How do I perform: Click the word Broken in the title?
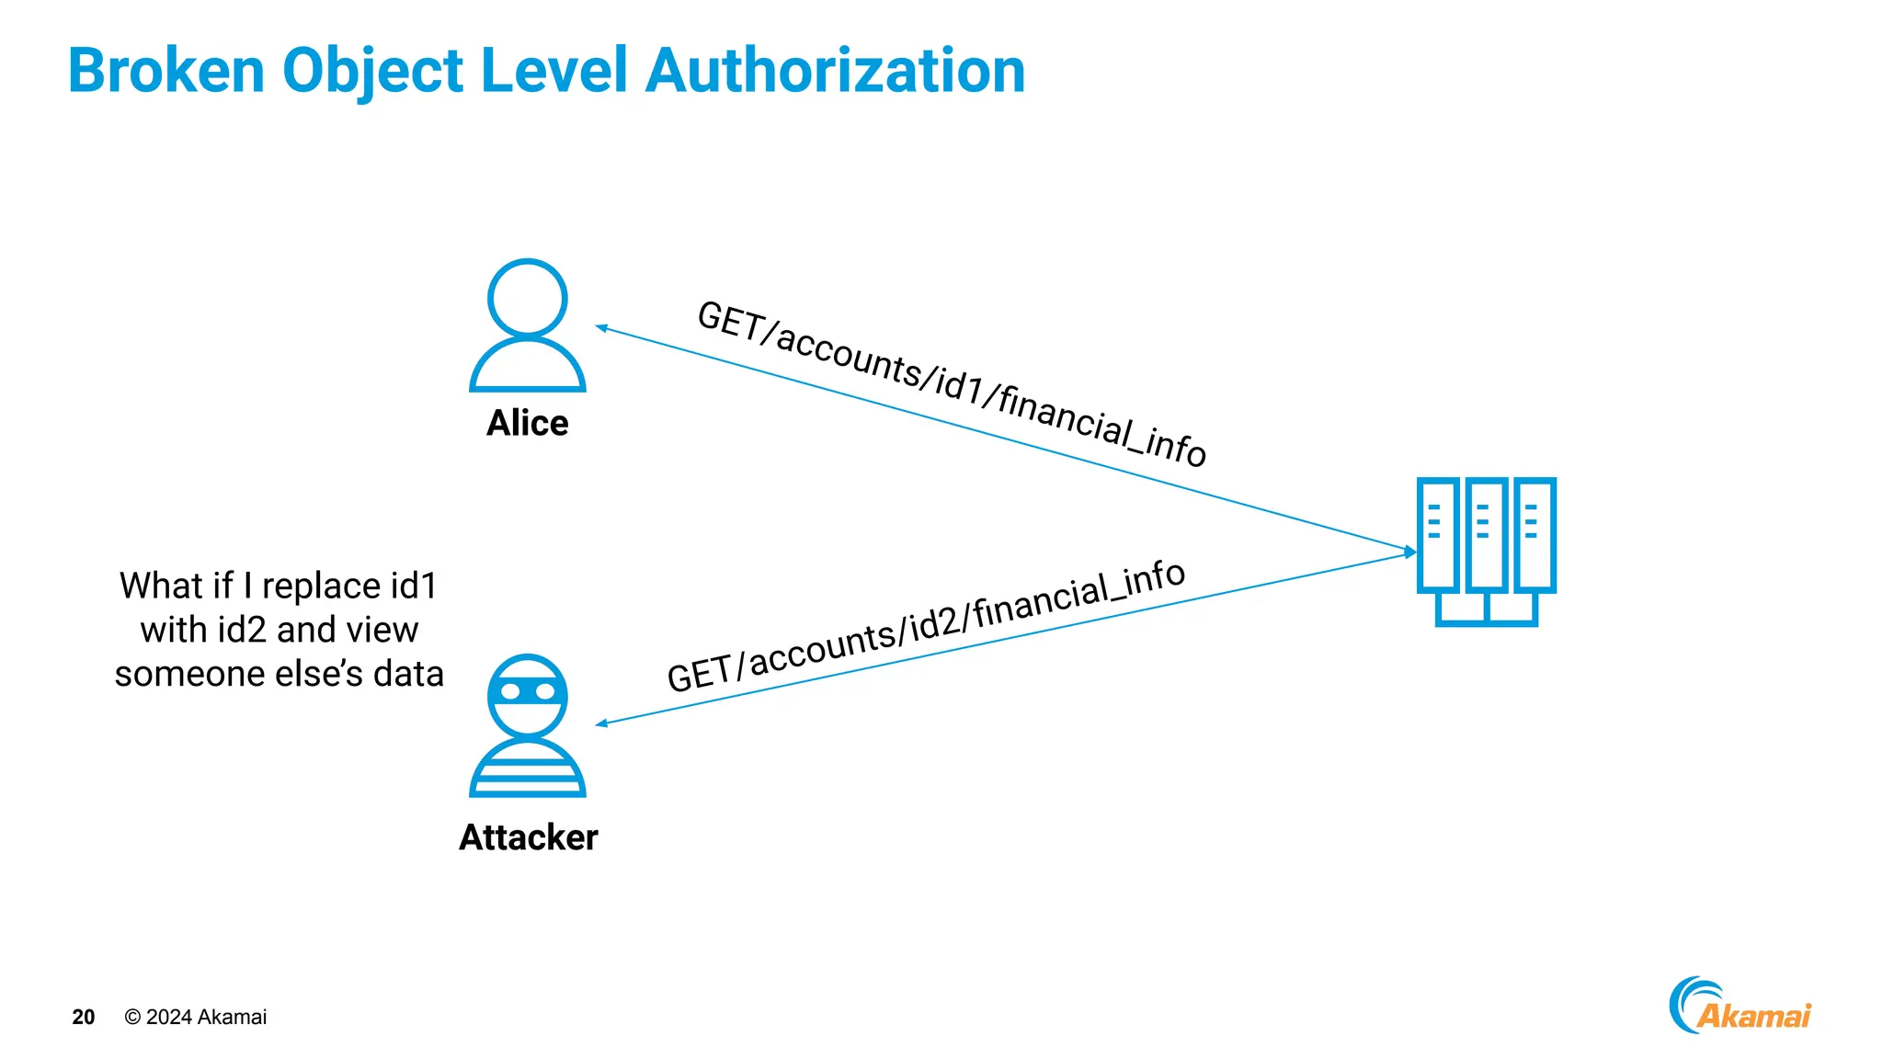165,72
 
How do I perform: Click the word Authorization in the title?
835,72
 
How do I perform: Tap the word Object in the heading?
372,72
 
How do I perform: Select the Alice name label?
527,423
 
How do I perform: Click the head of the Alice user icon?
527,298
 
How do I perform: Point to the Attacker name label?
528,837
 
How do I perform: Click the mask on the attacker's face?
527,691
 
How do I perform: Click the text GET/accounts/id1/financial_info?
952,384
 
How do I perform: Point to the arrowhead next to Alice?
601,327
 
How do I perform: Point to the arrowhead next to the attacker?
601,723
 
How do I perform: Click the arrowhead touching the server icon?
1410,552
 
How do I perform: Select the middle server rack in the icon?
1486,534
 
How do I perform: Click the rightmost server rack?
1534,534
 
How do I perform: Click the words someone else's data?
279,674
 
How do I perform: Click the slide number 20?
83,1017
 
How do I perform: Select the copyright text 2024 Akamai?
196,1017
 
